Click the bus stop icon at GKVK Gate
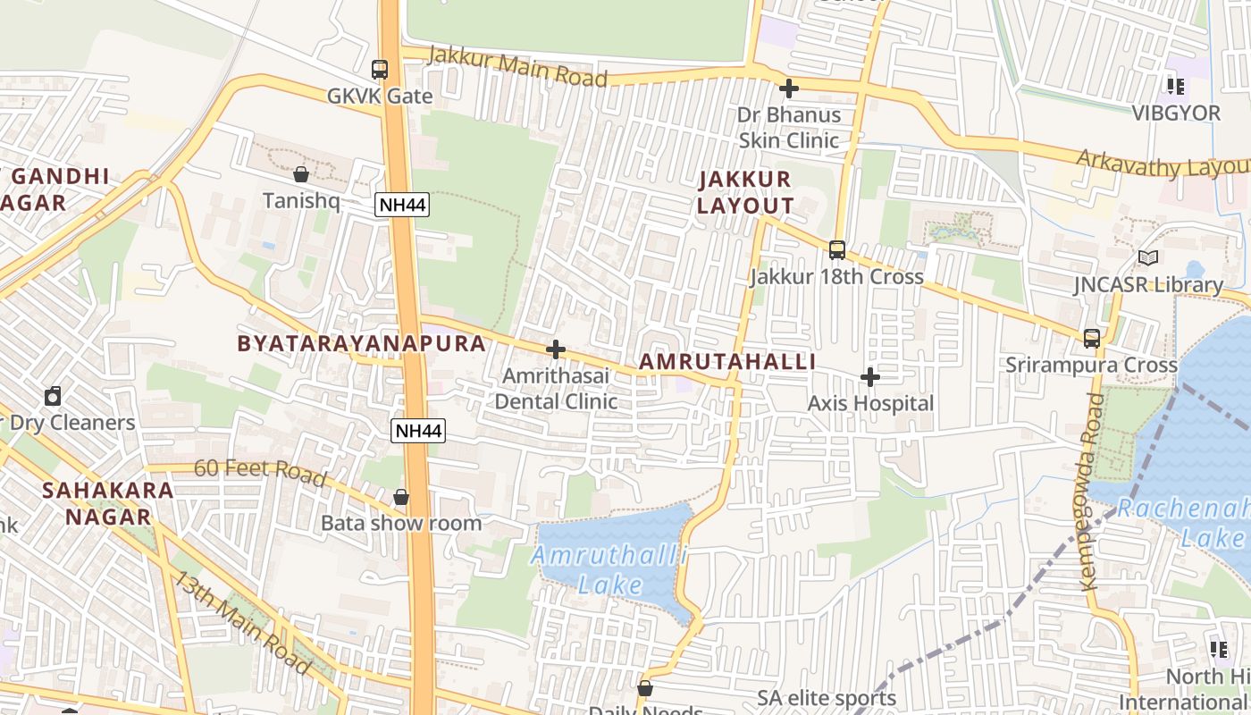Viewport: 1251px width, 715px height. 380,69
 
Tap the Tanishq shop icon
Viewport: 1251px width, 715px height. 301,173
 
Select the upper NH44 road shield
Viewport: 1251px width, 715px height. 402,205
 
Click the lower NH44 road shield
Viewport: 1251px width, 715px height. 418,431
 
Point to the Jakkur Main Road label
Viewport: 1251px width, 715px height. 518,67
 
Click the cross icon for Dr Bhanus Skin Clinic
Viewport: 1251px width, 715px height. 788,88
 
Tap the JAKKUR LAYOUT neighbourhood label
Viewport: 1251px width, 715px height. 745,192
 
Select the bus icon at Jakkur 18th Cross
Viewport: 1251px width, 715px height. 837,249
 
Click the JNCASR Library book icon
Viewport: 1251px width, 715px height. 1148,258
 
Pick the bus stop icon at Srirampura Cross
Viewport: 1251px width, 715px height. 1091,338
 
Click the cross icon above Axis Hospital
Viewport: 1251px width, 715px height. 869,377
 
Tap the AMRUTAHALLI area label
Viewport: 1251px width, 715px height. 727,361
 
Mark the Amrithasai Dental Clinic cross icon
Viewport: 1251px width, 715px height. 556,349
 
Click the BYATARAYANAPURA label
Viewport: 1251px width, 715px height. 362,343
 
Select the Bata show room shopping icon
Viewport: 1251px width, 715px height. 401,497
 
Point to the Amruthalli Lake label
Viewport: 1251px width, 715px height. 610,570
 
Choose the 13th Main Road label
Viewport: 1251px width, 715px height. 241,622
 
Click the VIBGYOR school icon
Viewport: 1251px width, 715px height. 1175,87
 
